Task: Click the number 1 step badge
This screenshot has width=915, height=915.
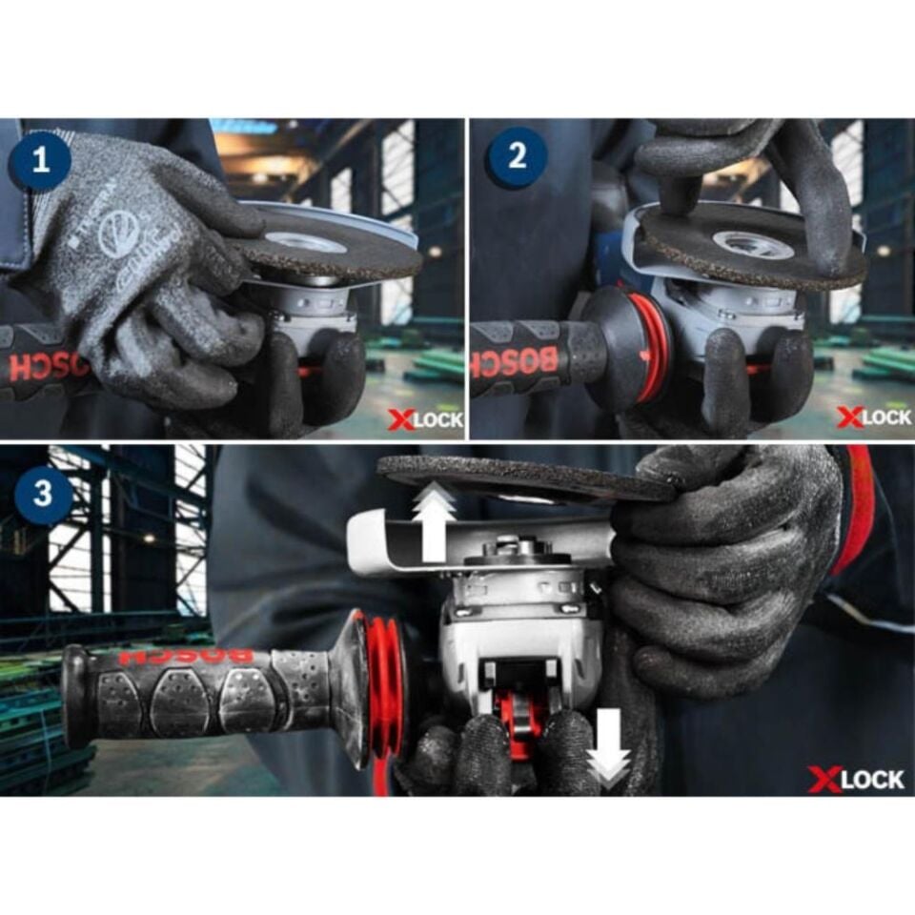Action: click(x=40, y=158)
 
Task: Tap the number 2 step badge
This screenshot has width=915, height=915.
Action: click(x=517, y=156)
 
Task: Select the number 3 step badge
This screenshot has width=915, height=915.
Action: click(x=41, y=494)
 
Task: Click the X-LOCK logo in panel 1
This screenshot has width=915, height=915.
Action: click(x=424, y=419)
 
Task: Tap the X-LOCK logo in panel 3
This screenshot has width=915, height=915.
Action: click(x=855, y=779)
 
